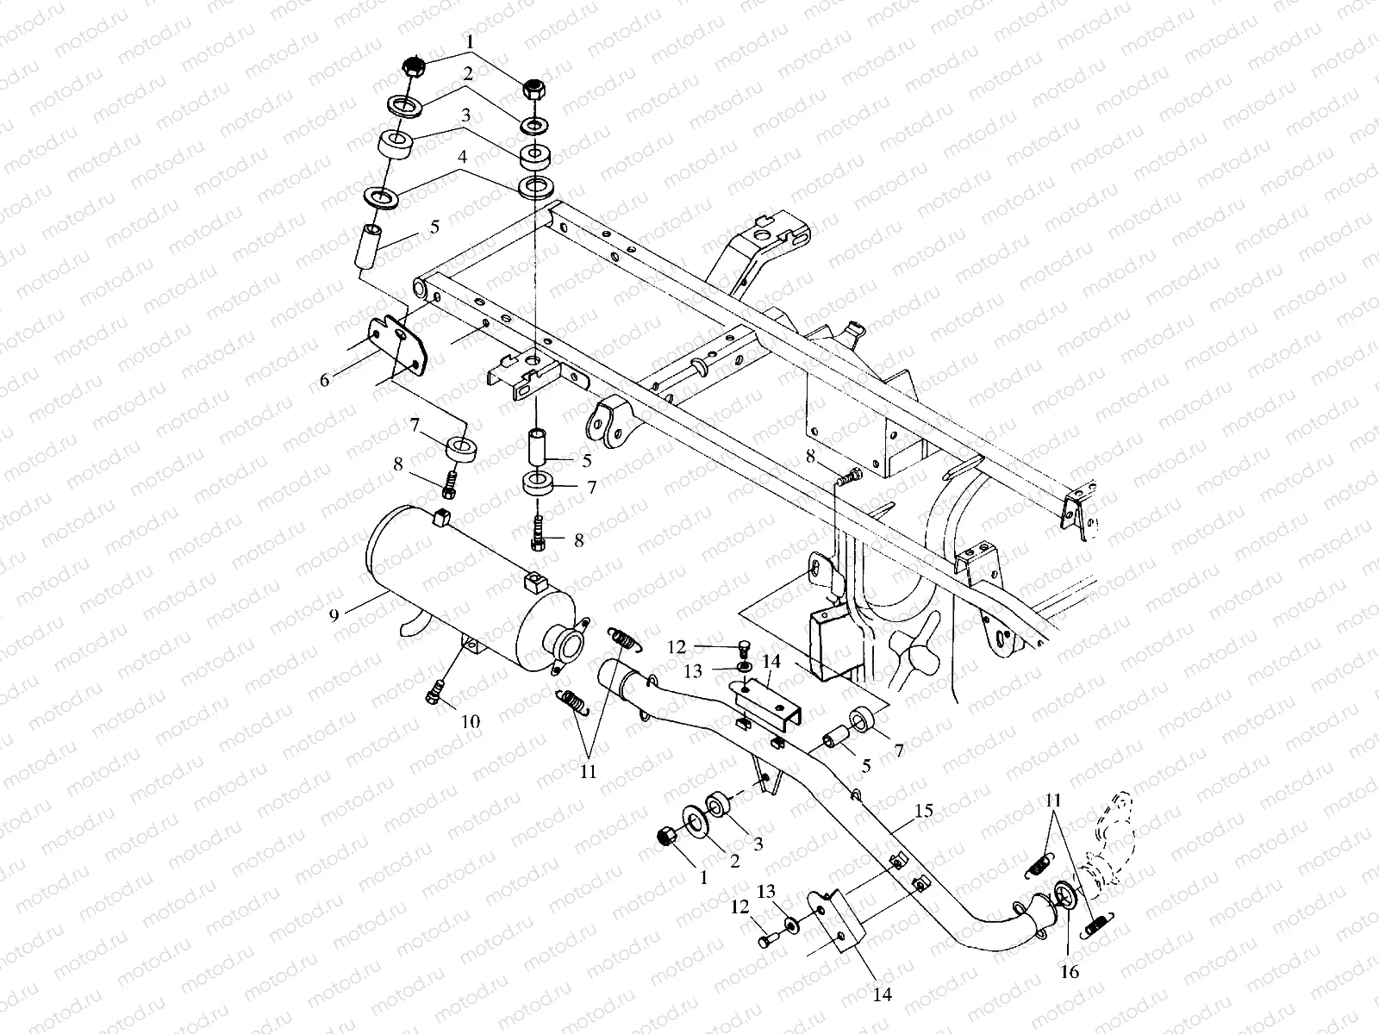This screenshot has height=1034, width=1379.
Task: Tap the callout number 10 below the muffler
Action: click(470, 721)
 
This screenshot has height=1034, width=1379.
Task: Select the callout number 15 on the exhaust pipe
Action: click(923, 811)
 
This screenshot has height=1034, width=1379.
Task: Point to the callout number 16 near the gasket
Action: click(1069, 972)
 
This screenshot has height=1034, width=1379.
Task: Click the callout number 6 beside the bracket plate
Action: click(325, 379)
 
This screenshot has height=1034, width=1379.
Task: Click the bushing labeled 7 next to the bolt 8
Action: click(462, 449)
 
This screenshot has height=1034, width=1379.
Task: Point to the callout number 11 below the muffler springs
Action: click(588, 773)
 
